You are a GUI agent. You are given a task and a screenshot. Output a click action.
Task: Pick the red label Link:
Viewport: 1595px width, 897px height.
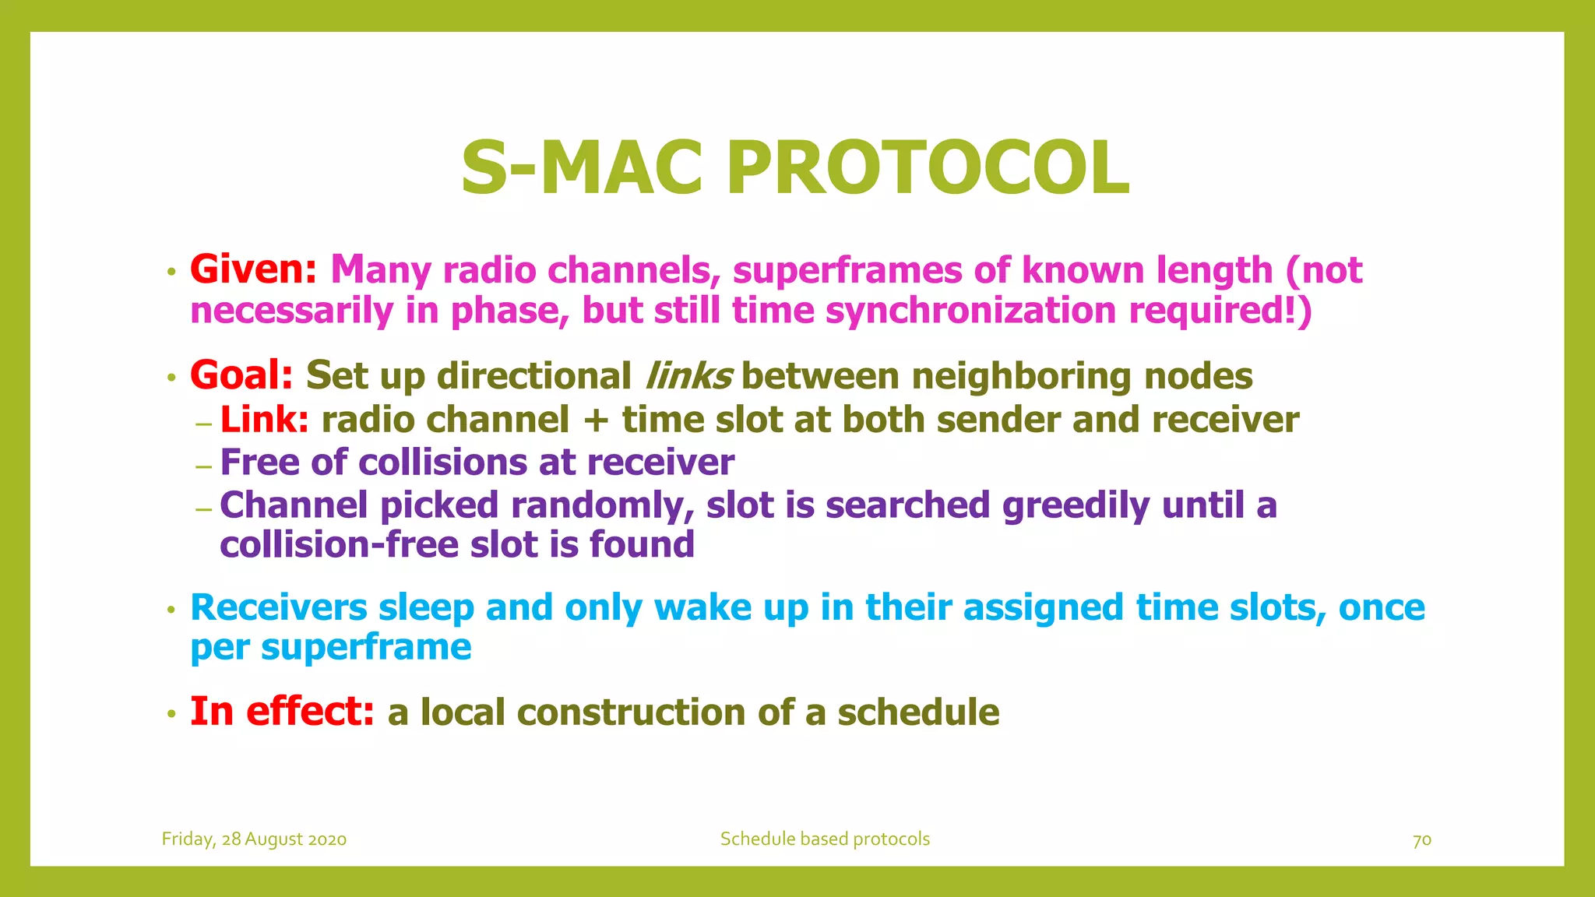pyautogui.click(x=264, y=420)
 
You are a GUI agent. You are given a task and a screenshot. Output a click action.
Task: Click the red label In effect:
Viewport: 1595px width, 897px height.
pyautogui.click(x=282, y=712)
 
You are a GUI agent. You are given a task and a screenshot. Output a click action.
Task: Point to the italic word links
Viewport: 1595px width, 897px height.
pyautogui.click(x=688, y=376)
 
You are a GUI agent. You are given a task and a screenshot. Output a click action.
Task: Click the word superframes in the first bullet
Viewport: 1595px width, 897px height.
pyautogui.click(x=847, y=270)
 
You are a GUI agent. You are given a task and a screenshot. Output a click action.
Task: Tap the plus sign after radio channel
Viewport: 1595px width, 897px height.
pyautogui.click(x=595, y=420)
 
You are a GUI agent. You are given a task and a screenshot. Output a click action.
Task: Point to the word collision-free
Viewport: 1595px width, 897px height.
pyautogui.click(x=339, y=544)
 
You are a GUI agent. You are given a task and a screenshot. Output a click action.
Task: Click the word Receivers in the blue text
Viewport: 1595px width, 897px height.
pyautogui.click(x=278, y=607)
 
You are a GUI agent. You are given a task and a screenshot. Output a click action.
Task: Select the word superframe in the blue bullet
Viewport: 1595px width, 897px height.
pyautogui.click(x=365, y=648)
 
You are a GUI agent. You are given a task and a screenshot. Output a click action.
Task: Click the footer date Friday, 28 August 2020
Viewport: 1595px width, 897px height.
pyautogui.click(x=254, y=839)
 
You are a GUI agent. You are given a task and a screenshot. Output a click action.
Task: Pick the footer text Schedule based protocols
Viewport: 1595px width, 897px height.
pyautogui.click(x=825, y=839)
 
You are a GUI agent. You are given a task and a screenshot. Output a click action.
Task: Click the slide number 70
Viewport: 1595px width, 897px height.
pyautogui.click(x=1421, y=840)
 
